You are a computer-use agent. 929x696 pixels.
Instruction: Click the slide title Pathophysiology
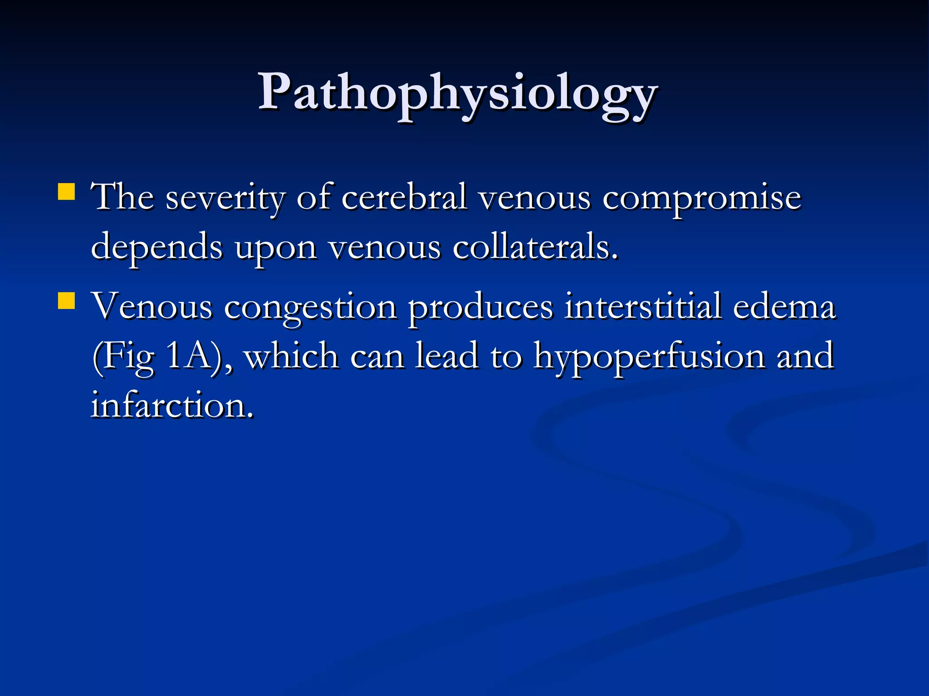coord(457,93)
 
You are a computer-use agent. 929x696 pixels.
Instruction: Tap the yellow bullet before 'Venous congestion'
coord(66,300)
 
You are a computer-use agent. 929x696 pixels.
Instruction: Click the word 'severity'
coord(225,198)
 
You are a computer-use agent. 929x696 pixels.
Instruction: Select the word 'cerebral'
coord(404,198)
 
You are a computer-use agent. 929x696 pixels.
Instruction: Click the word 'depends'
coord(157,247)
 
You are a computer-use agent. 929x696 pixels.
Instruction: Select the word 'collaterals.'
coord(536,246)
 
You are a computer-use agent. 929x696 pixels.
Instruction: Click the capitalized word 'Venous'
coord(152,306)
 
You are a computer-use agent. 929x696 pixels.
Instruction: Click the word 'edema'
coord(784,306)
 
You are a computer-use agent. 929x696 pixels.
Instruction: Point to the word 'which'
coord(292,356)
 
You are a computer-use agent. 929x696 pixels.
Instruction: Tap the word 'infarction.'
coord(172,405)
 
